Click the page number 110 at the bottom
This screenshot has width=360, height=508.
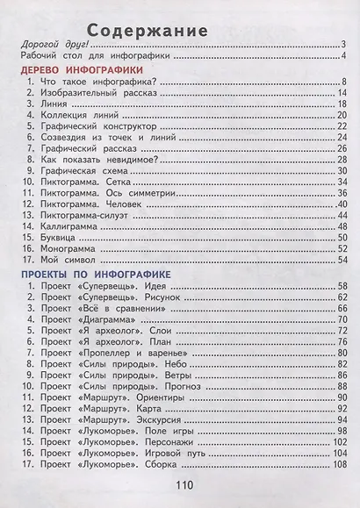pos(183,487)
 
